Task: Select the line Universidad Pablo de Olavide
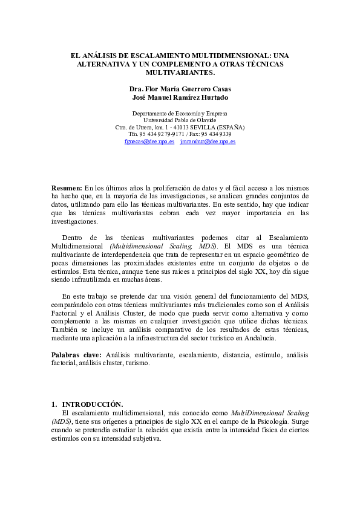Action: click(x=180, y=120)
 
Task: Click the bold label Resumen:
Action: click(x=67, y=188)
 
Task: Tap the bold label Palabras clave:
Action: click(x=77, y=355)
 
